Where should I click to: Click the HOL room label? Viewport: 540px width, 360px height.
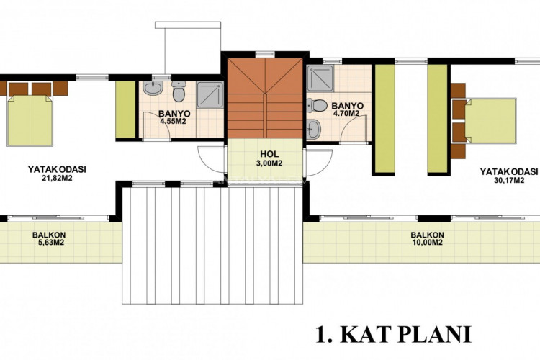(x=269, y=154)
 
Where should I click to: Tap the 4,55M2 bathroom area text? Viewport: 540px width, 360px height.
(x=175, y=121)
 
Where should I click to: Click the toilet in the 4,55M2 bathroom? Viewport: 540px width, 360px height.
(x=179, y=91)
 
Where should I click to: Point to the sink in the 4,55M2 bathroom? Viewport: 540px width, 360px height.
(x=153, y=88)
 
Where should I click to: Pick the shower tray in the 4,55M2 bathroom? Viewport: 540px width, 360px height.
(x=210, y=94)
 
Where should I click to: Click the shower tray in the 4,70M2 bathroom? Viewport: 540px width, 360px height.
(x=320, y=78)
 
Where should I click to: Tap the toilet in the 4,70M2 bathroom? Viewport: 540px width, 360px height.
(x=317, y=105)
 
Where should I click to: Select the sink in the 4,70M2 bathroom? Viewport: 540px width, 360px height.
(x=314, y=129)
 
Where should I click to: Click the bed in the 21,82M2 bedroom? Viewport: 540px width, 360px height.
(x=30, y=120)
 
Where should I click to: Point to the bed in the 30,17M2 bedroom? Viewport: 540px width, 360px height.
(x=491, y=121)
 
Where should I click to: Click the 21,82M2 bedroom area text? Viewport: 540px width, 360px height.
(x=57, y=179)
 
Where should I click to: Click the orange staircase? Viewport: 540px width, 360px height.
(x=264, y=98)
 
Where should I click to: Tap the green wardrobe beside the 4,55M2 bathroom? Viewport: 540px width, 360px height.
(x=125, y=109)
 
